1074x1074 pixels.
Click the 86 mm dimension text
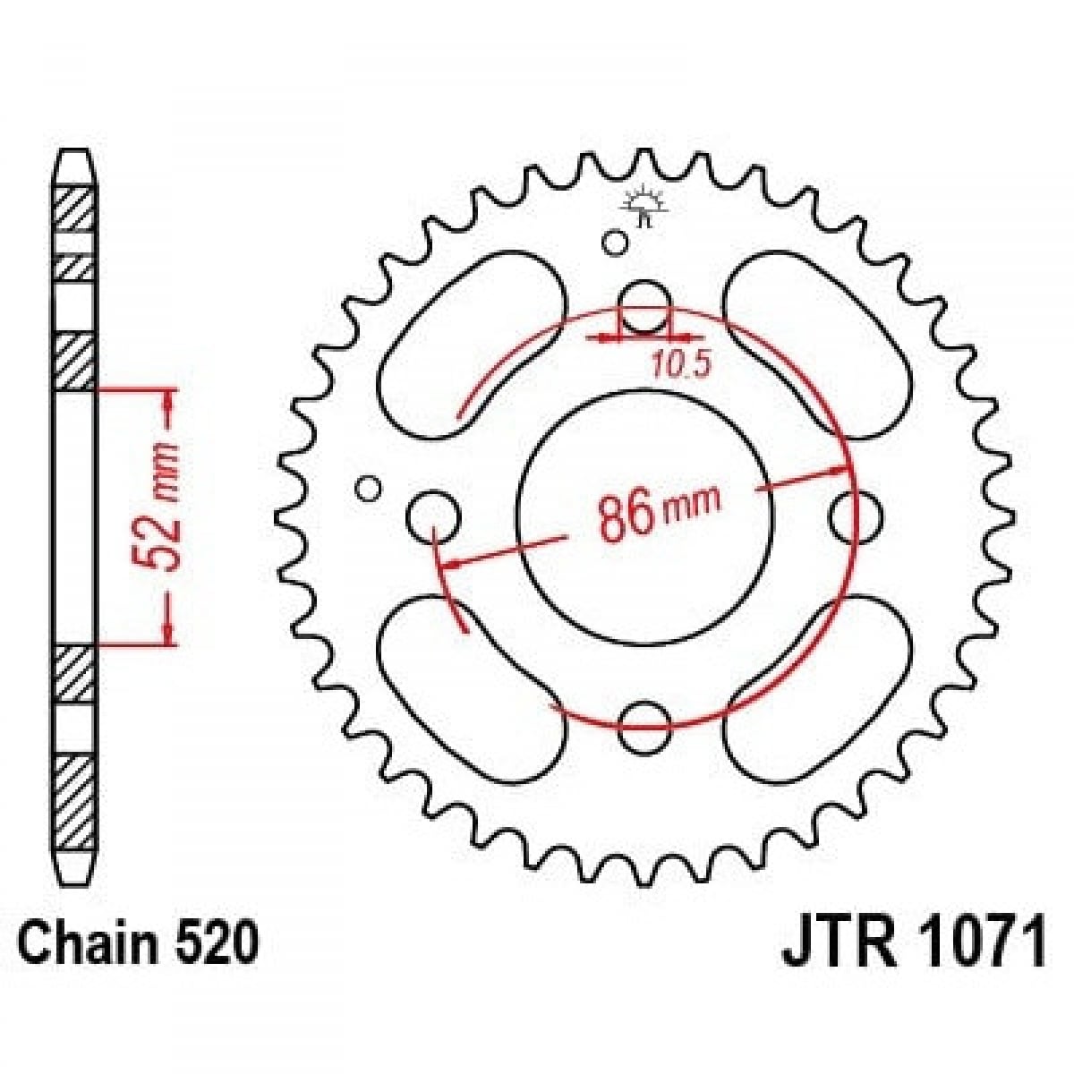tap(658, 516)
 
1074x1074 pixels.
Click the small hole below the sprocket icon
tap(614, 242)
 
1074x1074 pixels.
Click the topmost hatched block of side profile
tap(75, 211)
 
